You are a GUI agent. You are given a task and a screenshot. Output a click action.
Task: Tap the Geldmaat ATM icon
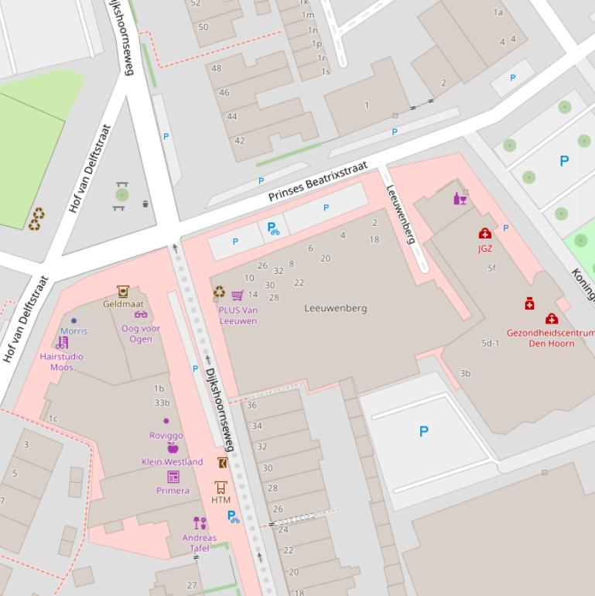122,291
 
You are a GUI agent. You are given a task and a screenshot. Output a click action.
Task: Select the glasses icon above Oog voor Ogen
141,314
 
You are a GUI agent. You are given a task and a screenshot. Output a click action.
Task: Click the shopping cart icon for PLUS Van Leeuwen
238,295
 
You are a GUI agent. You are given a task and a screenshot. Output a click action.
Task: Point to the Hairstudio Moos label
61,361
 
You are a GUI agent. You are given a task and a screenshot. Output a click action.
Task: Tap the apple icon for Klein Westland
173,448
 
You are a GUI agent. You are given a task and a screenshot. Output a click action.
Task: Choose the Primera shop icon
173,477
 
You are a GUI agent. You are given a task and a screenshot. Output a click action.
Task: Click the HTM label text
221,500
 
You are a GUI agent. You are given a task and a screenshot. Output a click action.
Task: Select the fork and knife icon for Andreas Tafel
200,523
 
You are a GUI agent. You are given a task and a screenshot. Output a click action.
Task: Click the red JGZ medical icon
485,234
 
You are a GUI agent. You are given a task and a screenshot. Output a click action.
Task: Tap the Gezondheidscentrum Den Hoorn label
550,337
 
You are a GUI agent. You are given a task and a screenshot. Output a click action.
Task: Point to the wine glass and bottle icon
460,198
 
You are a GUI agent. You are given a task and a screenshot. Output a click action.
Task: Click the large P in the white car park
423,432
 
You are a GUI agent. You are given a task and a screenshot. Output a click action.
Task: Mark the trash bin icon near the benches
145,204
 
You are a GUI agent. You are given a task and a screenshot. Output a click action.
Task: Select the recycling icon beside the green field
36,219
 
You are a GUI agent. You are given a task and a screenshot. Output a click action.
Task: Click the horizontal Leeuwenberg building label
335,308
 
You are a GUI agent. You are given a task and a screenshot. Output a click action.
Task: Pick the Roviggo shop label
166,435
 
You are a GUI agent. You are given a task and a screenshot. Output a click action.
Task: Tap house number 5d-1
490,343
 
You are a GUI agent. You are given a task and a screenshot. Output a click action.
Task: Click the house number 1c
53,419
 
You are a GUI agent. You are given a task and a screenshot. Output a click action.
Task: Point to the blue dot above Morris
74,320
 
